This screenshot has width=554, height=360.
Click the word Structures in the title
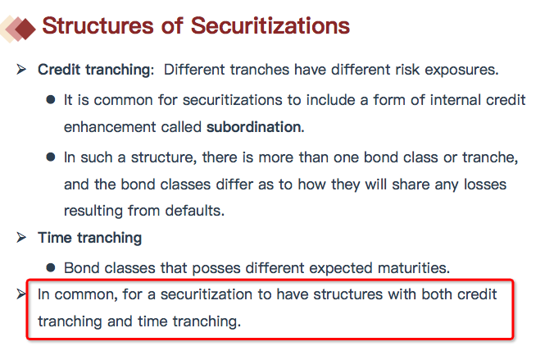pyautogui.click(x=98, y=26)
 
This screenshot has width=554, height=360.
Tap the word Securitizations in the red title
pyautogui.click(x=270, y=26)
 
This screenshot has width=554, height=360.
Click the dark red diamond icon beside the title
pyautogui.click(x=25, y=29)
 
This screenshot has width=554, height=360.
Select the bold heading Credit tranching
pyautogui.click(x=96, y=70)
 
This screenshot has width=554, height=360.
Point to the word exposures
pyautogui.click(x=461, y=70)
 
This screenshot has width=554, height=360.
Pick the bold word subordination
pyautogui.click(x=255, y=127)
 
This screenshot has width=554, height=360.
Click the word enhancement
pyautogui.click(x=110, y=127)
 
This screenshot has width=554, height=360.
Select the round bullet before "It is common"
pyautogui.click(x=51, y=99)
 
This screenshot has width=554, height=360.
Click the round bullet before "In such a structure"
pyautogui.click(x=51, y=157)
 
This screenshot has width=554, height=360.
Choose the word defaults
pyautogui.click(x=195, y=211)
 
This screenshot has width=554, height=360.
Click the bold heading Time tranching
pyautogui.click(x=90, y=238)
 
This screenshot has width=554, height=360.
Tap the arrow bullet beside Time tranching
pyautogui.click(x=21, y=237)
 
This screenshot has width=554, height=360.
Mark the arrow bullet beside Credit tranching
pyautogui.click(x=21, y=69)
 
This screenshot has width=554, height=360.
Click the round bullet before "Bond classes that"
pyautogui.click(x=51, y=267)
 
